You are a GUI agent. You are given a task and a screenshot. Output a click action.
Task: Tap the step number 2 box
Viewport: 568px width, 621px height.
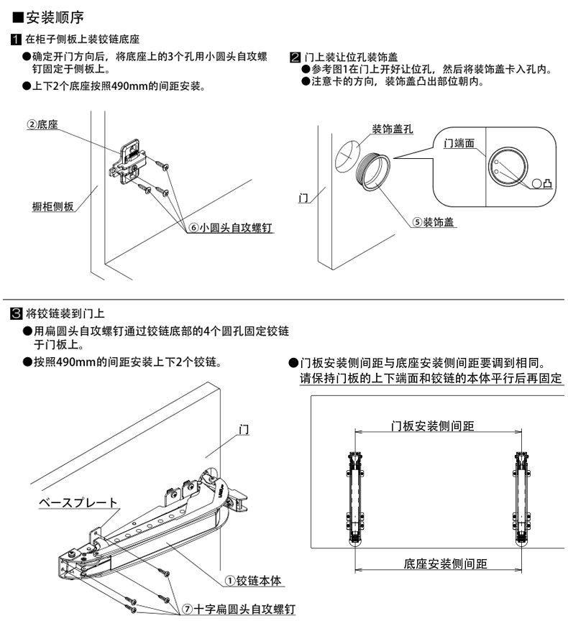pos(294,57)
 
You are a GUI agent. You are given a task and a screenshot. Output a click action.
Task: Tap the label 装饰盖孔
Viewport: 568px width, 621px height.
pos(392,129)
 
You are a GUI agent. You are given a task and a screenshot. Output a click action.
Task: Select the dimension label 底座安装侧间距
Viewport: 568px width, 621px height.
pos(446,563)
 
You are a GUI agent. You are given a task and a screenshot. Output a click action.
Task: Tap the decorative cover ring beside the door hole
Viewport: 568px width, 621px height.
pos(375,172)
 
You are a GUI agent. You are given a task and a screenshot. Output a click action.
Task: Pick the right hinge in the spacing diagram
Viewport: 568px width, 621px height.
pos(523,497)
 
